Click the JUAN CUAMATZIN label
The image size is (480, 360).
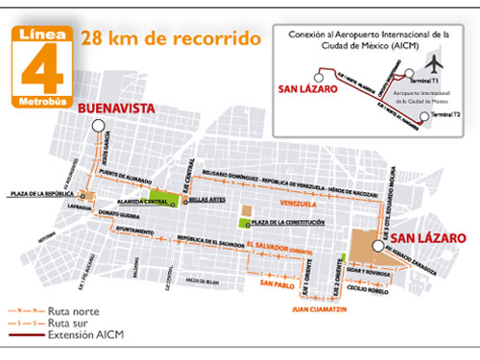coord(314,310)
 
